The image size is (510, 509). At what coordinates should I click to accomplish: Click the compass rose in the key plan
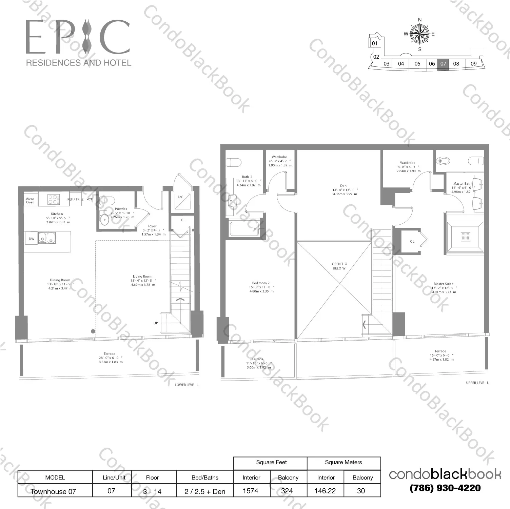tap(419, 34)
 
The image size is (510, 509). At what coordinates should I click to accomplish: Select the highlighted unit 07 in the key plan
tap(443, 64)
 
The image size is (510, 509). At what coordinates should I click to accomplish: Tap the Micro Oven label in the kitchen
tap(30, 201)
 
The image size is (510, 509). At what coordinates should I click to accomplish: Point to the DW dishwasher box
tap(32, 239)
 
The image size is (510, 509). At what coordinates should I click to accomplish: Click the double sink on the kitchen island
tap(47, 238)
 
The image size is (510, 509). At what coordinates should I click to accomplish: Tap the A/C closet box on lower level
tap(180, 202)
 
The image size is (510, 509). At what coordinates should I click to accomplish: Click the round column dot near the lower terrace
tap(93, 331)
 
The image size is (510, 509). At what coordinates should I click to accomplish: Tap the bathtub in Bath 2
tap(244, 229)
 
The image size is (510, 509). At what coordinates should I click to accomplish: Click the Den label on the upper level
tap(343, 186)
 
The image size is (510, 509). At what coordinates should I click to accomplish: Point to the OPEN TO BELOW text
tap(339, 266)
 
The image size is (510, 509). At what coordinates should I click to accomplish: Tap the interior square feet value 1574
tap(251, 491)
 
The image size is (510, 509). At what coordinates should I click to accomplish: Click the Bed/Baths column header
tap(205, 477)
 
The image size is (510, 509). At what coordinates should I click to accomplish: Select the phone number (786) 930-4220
tap(445, 488)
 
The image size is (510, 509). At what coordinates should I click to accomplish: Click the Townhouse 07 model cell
tap(53, 491)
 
